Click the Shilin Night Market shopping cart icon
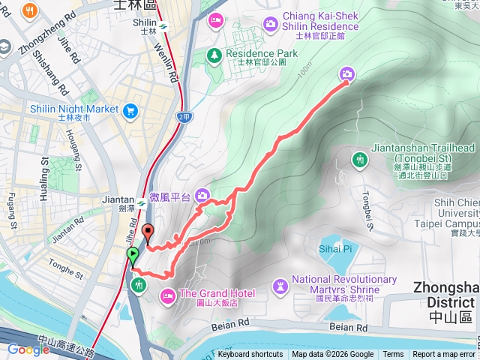point(130,110)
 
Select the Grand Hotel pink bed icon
point(168,293)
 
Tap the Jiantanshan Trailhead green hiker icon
point(360,159)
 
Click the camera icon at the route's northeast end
point(346,73)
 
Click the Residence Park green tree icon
point(214,54)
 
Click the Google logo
point(28,349)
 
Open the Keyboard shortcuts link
point(250,355)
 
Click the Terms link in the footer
point(393,355)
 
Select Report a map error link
point(444,355)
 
